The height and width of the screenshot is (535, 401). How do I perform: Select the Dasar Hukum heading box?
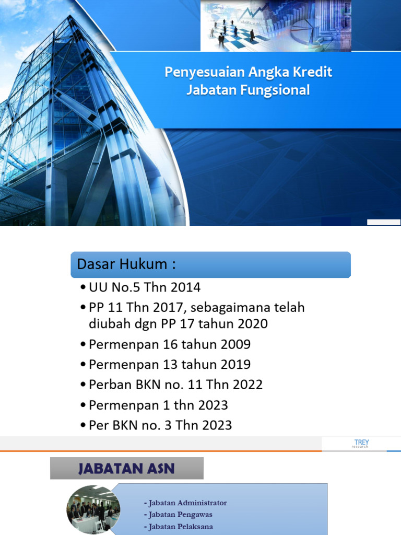[210, 264]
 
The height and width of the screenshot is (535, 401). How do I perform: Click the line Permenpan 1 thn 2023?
[158, 405]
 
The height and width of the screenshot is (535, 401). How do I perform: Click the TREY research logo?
[361, 444]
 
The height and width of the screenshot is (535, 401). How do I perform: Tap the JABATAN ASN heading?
[126, 468]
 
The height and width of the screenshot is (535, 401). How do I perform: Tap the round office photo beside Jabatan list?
[93, 507]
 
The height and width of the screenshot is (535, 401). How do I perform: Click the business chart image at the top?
[276, 26]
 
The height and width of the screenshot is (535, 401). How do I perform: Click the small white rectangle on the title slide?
[383, 223]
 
